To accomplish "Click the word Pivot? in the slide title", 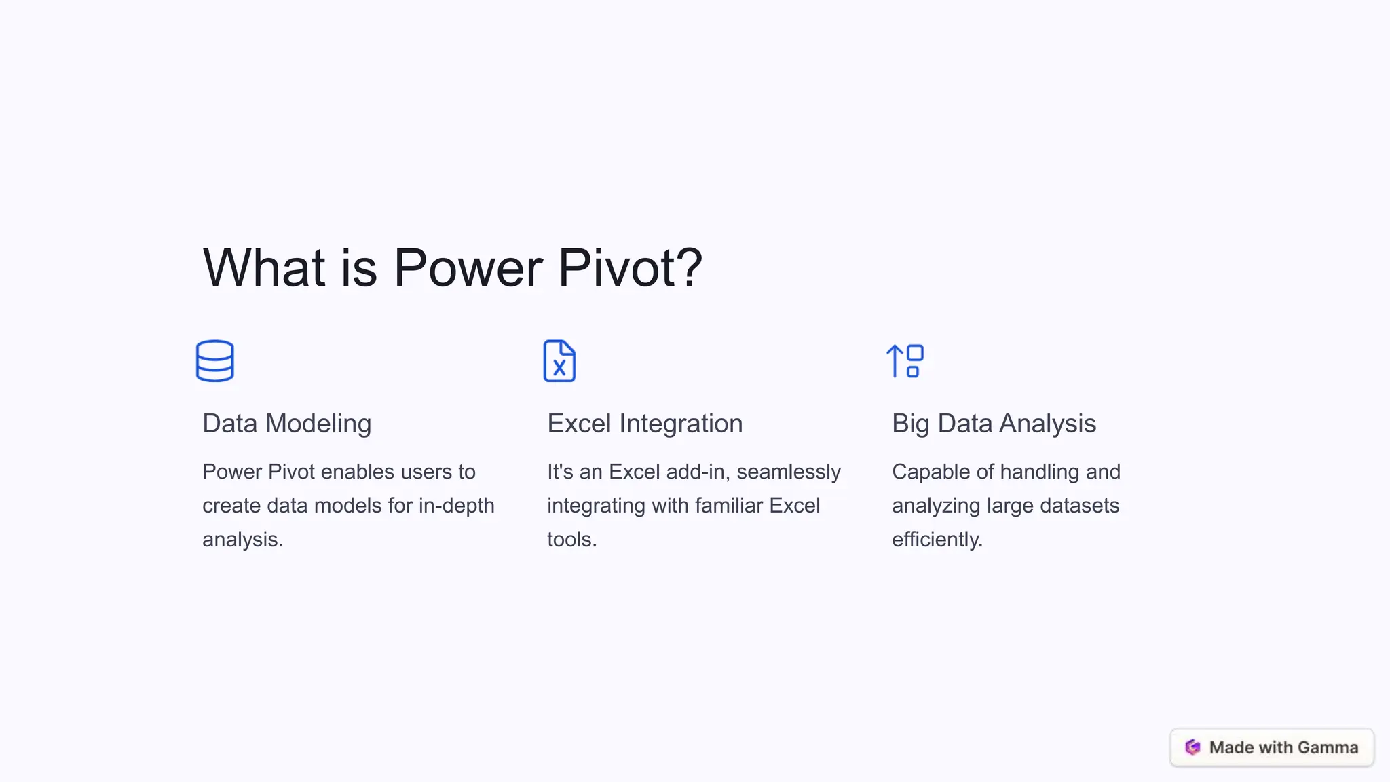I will click(x=630, y=268).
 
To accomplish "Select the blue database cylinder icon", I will click(x=215, y=361).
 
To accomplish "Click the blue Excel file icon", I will click(x=559, y=361).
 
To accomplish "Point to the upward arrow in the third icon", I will click(x=895, y=360).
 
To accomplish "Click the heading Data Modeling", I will click(x=286, y=424).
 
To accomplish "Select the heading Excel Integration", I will click(x=645, y=424).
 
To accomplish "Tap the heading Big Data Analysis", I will click(x=994, y=424).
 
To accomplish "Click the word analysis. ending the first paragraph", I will click(x=242, y=540).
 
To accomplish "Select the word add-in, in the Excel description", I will click(x=698, y=472).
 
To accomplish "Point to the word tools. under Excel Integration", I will click(x=571, y=540).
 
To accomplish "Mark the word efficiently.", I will click(x=937, y=540).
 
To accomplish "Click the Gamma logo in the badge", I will click(x=1192, y=747).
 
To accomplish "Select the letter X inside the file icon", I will click(x=559, y=368).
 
